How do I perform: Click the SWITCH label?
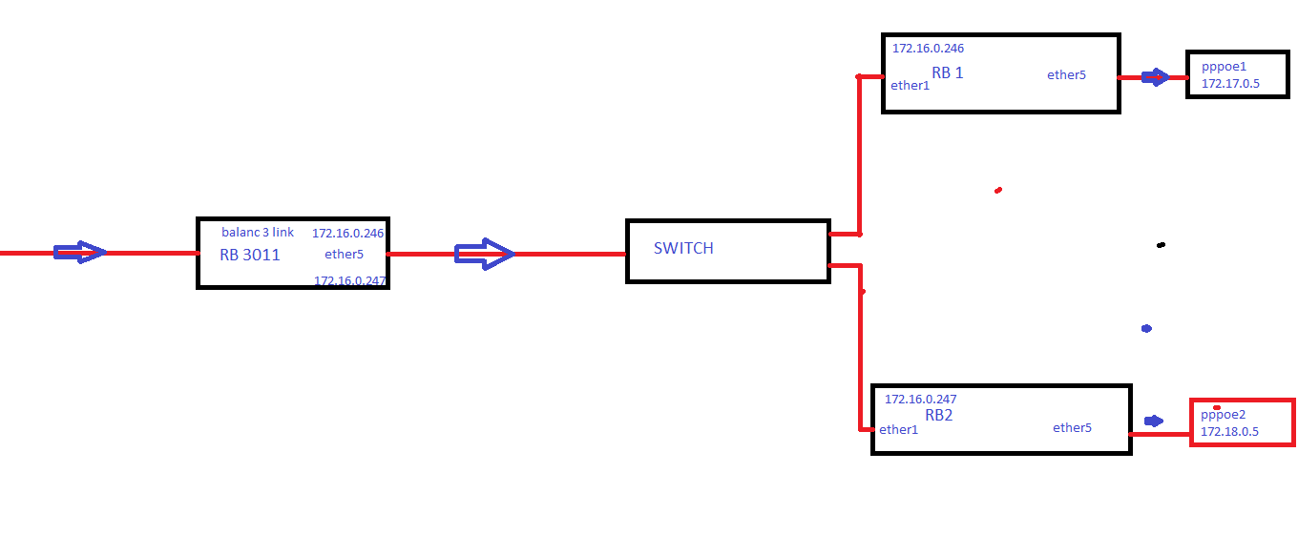pos(683,249)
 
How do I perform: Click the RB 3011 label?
pos(250,256)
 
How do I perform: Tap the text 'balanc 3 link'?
pos(258,233)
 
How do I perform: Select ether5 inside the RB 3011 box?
pos(344,255)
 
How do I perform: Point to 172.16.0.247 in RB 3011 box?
pos(349,280)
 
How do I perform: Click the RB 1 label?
pos(948,73)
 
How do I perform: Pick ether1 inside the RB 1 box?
pos(910,86)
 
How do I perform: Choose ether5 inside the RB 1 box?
pos(1066,75)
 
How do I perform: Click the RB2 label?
pos(939,416)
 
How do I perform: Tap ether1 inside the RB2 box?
pos(898,430)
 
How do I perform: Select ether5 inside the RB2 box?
pos(1072,428)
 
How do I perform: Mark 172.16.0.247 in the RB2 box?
pos(921,400)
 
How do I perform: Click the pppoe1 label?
pos(1224,67)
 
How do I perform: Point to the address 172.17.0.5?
pos(1230,84)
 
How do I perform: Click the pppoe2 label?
pos(1224,415)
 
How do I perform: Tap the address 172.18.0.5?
pos(1229,432)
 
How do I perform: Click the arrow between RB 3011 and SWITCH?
pos(485,254)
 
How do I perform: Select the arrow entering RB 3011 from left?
pos(80,253)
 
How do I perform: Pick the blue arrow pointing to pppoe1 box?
pos(1155,77)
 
